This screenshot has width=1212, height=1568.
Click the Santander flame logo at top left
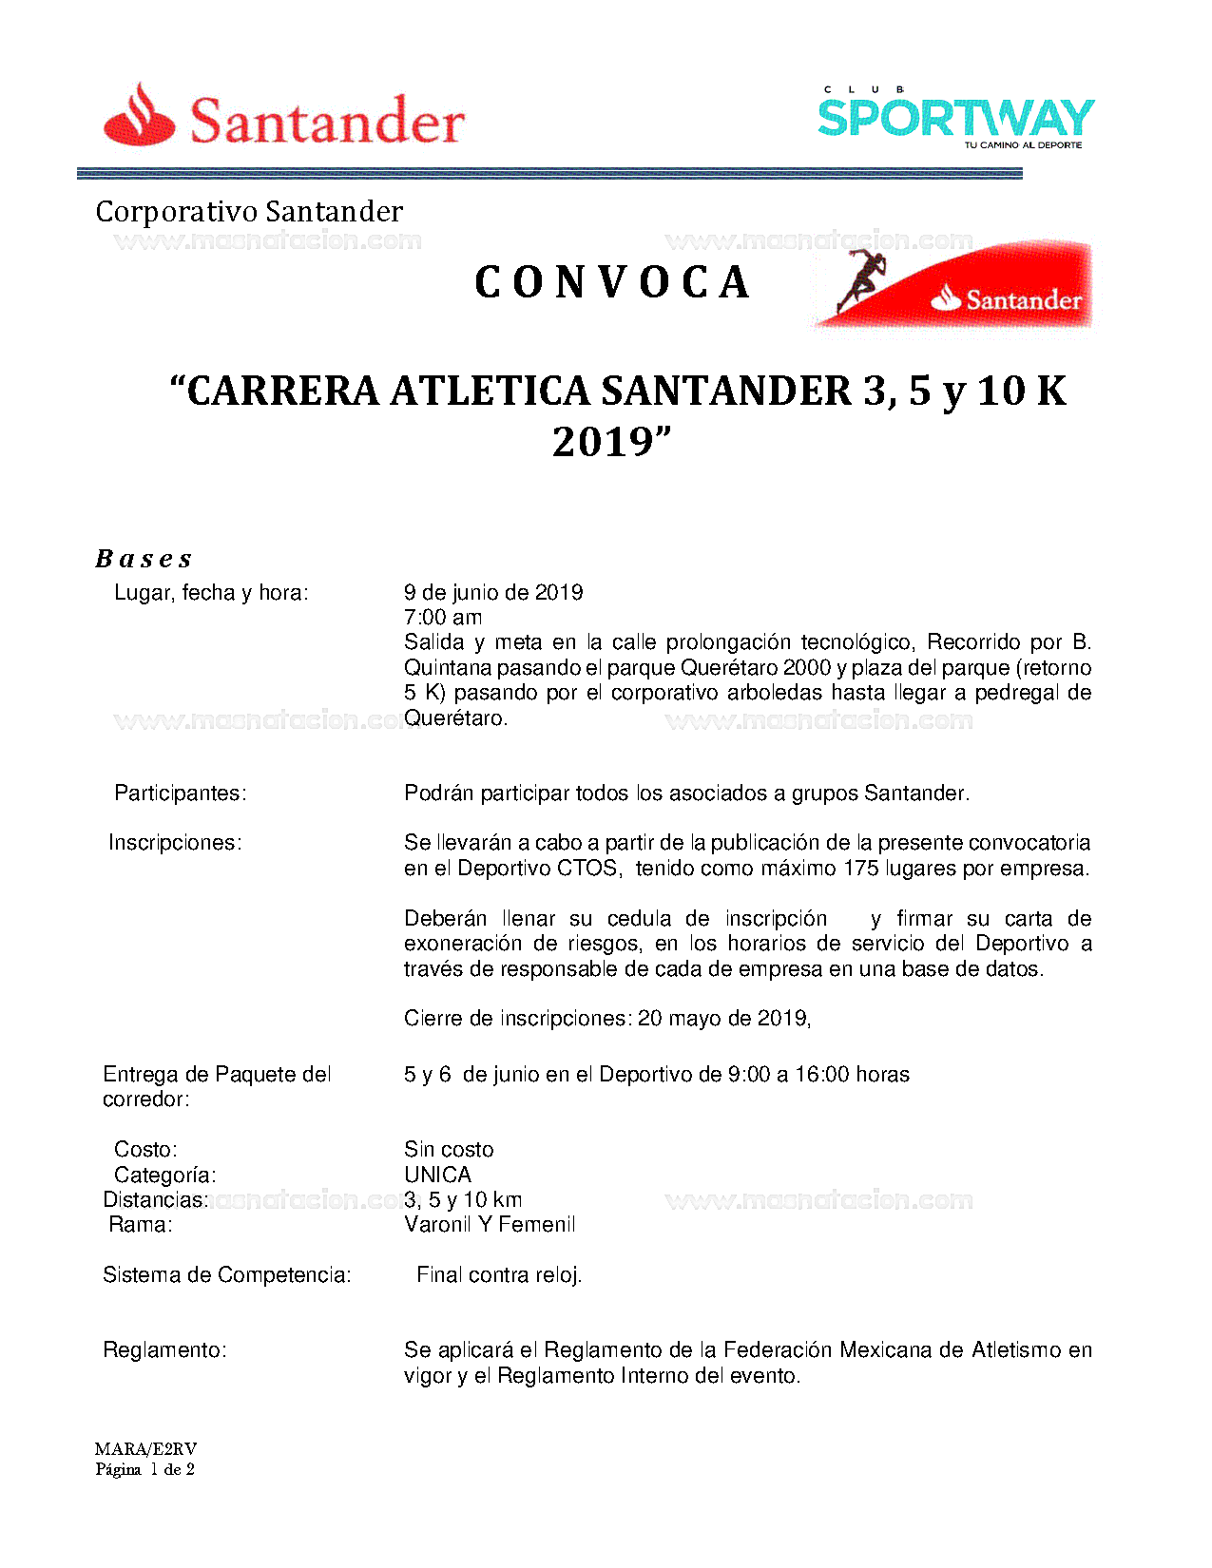pyautogui.click(x=140, y=116)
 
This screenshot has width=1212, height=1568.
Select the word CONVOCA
pyautogui.click(x=612, y=282)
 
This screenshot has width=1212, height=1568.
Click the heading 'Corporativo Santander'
pyautogui.click(x=249, y=211)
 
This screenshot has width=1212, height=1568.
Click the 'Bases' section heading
pyautogui.click(x=144, y=559)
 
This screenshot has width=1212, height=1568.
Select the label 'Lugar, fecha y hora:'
pyautogui.click(x=211, y=593)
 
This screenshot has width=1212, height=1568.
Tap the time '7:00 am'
pyautogui.click(x=443, y=618)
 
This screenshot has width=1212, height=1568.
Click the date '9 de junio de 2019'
pyautogui.click(x=493, y=593)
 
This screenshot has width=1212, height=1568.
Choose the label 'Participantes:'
pyautogui.click(x=180, y=794)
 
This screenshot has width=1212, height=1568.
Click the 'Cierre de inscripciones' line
pyautogui.click(x=607, y=1019)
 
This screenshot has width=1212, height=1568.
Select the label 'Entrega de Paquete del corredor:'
pyautogui.click(x=217, y=1086)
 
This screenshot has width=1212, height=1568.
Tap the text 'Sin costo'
pyautogui.click(x=449, y=1150)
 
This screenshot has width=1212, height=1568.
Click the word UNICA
pyautogui.click(x=437, y=1175)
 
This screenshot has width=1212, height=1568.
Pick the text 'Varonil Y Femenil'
pyautogui.click(x=490, y=1225)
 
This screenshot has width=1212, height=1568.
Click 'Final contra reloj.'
pyautogui.click(x=499, y=1275)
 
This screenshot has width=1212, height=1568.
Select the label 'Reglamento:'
pyautogui.click(x=164, y=1350)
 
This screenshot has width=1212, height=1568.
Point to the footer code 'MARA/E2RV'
pyautogui.click(x=145, y=1449)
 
